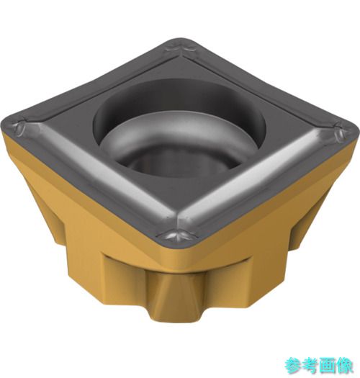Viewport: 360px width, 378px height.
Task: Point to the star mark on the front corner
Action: pos(178,235)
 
